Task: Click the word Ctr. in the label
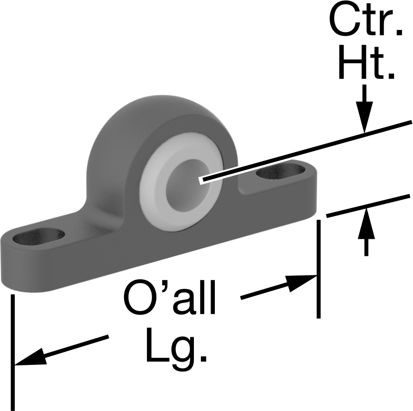(366, 20)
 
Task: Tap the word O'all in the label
(169, 297)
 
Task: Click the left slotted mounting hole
(38, 237)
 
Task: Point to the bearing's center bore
(188, 181)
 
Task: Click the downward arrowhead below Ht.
(365, 117)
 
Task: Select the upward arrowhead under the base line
(366, 223)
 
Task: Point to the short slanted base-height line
(368, 206)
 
